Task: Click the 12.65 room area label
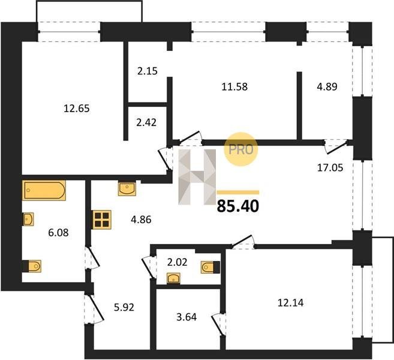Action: pyautogui.click(x=77, y=109)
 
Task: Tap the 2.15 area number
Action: pyautogui.click(x=148, y=71)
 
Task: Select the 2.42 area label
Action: pyautogui.click(x=146, y=122)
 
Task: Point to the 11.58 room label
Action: pyautogui.click(x=234, y=87)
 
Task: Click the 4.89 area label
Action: pyautogui.click(x=327, y=87)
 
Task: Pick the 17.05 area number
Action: pyautogui.click(x=330, y=167)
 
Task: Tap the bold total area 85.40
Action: pyautogui.click(x=237, y=206)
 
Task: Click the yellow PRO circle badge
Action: pyautogui.click(x=241, y=149)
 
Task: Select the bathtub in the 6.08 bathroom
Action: pyautogui.click(x=44, y=190)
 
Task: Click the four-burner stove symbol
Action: pyautogui.click(x=102, y=220)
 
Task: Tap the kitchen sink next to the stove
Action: pyautogui.click(x=127, y=188)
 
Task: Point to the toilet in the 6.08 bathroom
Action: pyautogui.click(x=32, y=266)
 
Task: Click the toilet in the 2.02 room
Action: pyautogui.click(x=210, y=267)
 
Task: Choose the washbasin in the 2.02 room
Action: pyautogui.click(x=174, y=278)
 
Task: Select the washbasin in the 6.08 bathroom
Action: pyautogui.click(x=28, y=219)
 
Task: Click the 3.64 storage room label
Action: pyautogui.click(x=187, y=317)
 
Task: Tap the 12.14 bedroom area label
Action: pyautogui.click(x=290, y=303)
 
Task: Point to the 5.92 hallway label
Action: pyautogui.click(x=124, y=307)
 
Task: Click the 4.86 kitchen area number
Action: pyautogui.click(x=141, y=220)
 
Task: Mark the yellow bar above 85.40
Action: pyautogui.click(x=237, y=193)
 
